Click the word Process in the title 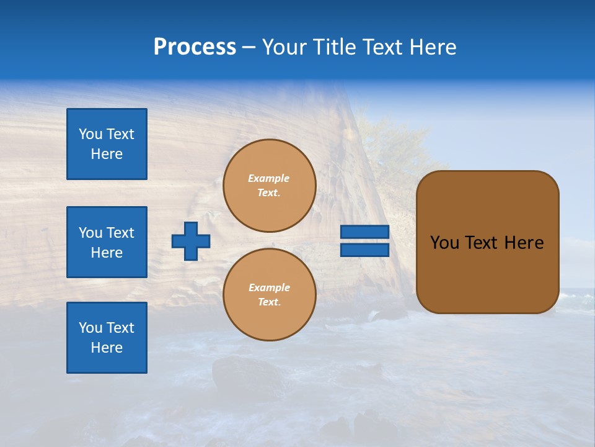(x=195, y=47)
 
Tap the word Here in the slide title (x=434, y=47)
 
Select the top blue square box (x=107, y=144)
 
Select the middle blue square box (x=107, y=242)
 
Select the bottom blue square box (x=107, y=338)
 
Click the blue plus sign (x=191, y=241)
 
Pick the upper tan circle (x=270, y=186)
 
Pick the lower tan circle (x=270, y=295)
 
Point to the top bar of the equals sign (x=364, y=232)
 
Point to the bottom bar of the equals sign (x=364, y=250)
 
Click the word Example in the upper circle (x=269, y=179)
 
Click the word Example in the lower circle (x=269, y=288)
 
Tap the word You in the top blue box (x=90, y=134)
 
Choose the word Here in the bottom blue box (x=107, y=348)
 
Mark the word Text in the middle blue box (x=120, y=233)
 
